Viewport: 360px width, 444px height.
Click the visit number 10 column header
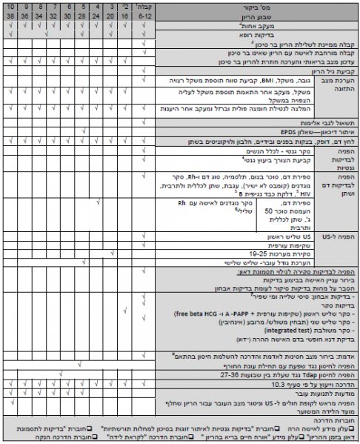(11, 7)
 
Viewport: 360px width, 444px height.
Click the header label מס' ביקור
(248, 7)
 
